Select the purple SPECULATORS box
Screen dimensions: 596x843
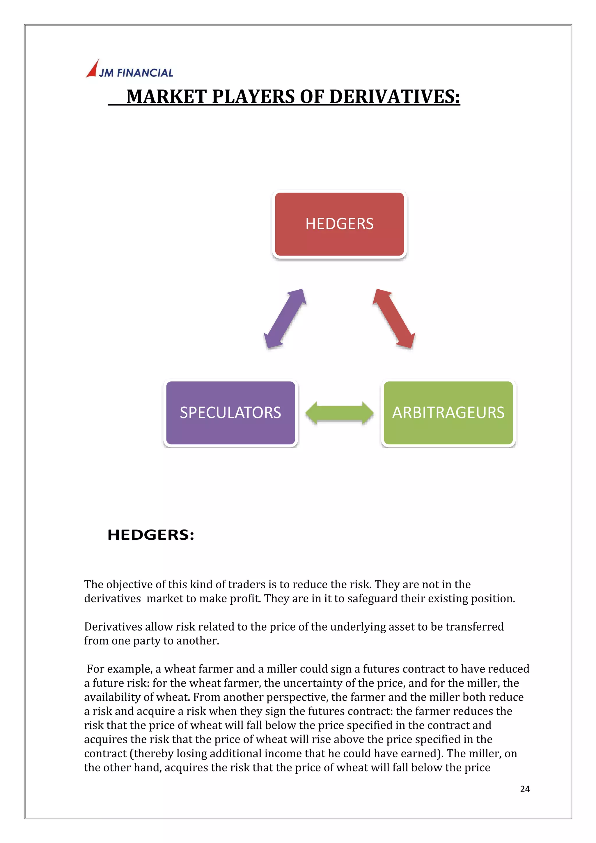(x=230, y=413)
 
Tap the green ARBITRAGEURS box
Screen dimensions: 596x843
(x=448, y=413)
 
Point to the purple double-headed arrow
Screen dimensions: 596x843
(x=285, y=318)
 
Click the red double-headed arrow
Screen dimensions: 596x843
(x=394, y=318)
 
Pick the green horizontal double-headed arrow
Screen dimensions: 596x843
(x=340, y=413)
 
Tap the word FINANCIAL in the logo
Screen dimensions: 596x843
(x=145, y=73)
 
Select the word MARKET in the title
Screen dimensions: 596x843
(x=167, y=97)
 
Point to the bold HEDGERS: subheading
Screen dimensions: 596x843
(x=151, y=535)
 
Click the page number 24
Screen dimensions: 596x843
(x=525, y=789)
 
